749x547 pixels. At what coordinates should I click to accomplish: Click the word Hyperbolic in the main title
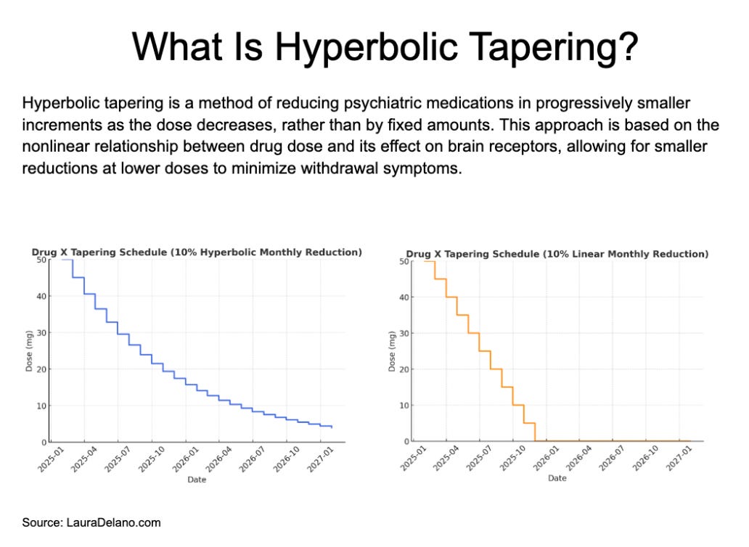coord(367,46)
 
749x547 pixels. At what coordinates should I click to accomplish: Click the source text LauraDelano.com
coord(114,522)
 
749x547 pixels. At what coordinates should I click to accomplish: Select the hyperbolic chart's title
coord(197,252)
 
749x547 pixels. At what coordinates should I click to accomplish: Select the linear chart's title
coord(557,254)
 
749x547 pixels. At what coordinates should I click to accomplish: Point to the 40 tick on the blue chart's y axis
coord(41,296)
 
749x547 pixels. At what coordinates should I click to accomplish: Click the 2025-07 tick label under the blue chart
coord(118,460)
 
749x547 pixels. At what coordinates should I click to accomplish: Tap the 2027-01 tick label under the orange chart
coord(679,458)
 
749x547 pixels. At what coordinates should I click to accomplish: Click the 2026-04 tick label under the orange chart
coord(578,458)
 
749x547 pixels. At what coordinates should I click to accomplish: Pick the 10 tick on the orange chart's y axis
coord(404,406)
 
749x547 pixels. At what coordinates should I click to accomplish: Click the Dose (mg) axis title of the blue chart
coord(29,351)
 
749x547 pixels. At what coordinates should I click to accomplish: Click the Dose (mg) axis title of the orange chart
coord(392,351)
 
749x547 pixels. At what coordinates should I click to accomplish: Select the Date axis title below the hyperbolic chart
coord(197,480)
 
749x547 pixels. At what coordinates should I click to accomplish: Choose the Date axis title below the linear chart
coord(557,478)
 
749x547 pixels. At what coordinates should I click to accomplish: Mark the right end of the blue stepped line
coord(332,427)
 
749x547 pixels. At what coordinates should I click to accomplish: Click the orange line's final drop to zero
coord(535,432)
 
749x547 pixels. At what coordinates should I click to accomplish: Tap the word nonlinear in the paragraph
coord(56,147)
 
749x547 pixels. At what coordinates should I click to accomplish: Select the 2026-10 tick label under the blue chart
coord(286,460)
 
